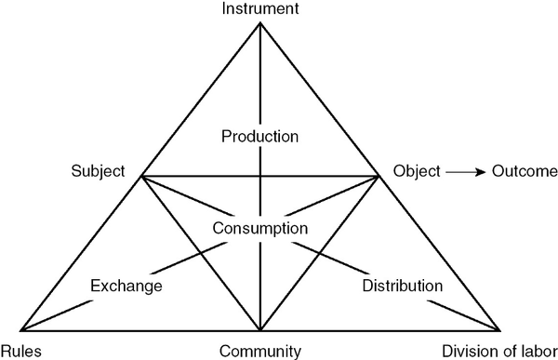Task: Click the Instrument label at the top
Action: click(259, 9)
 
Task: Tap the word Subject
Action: click(98, 171)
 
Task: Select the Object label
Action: click(414, 171)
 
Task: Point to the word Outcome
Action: click(525, 171)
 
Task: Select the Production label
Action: click(259, 136)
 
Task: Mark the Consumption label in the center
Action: click(259, 228)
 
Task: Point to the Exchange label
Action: click(127, 285)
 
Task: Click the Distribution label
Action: click(402, 285)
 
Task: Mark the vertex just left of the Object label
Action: click(380, 176)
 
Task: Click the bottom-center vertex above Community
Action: click(259, 330)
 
